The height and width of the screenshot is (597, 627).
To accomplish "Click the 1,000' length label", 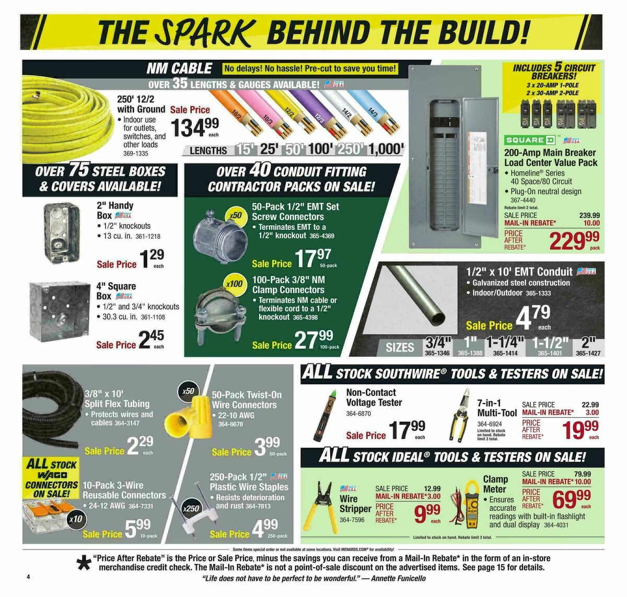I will tap(386, 149).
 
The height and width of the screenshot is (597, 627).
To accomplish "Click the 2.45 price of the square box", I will tap(151, 340).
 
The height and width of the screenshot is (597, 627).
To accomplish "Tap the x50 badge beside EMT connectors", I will tap(235, 215).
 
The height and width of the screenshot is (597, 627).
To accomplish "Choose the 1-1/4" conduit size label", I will tap(505, 343).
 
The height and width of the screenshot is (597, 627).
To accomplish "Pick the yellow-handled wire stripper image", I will tap(323, 505).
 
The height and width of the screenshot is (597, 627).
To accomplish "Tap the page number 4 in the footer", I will tap(29, 577).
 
